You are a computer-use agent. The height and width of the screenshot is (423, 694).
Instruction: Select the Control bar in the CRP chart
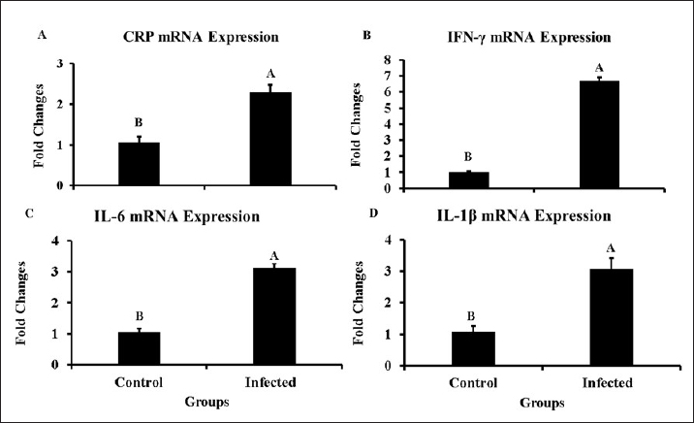click(139, 163)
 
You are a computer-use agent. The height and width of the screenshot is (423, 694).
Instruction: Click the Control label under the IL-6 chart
click(139, 381)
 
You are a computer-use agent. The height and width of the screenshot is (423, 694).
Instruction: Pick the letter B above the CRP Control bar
click(139, 123)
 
